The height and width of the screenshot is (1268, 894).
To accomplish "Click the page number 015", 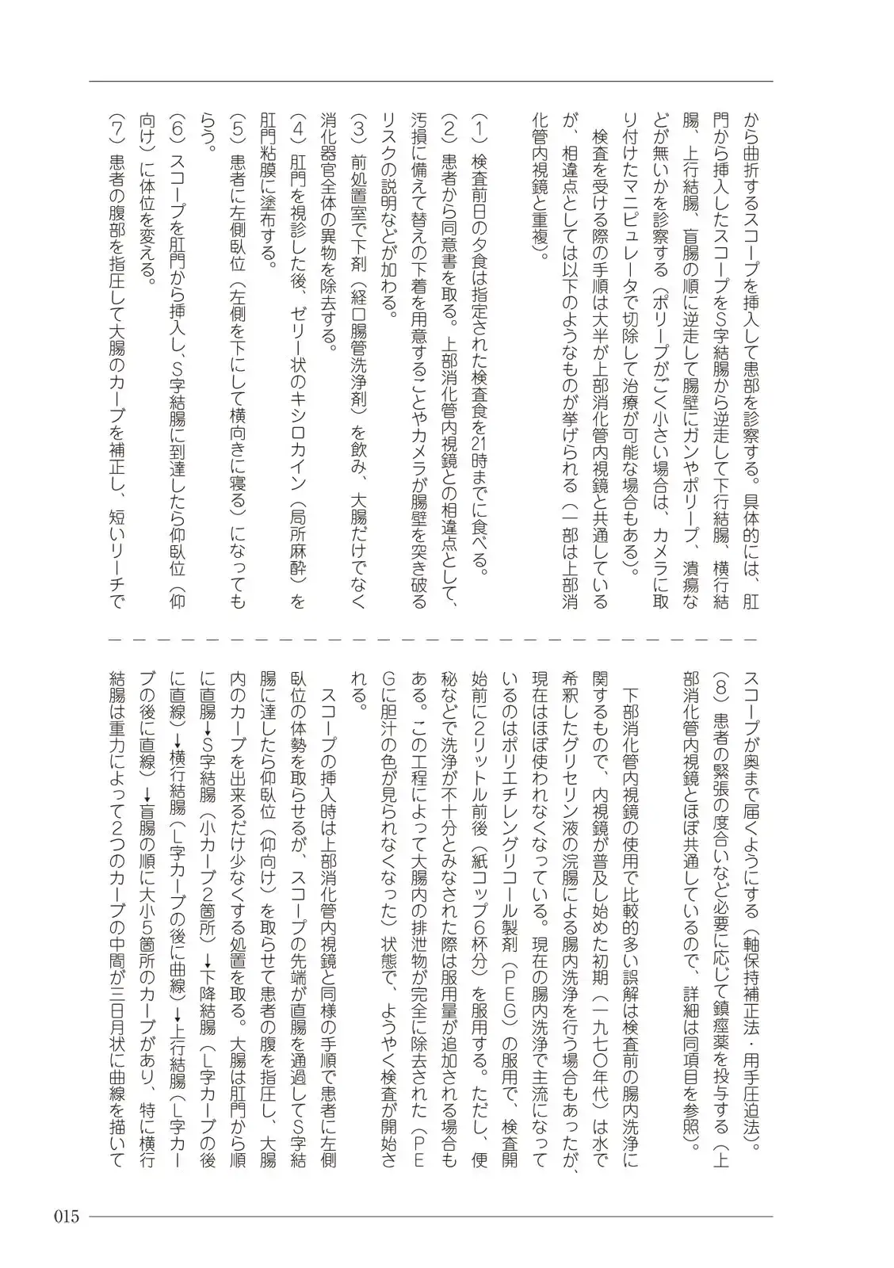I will (67, 1216).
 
